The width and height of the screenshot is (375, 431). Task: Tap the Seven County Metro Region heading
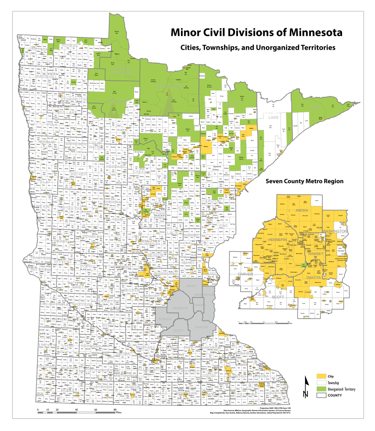click(305, 181)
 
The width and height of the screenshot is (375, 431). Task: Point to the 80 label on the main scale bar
click(115, 410)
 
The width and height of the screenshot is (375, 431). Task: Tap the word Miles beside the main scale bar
click(119, 412)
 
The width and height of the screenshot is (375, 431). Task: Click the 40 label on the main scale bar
click(76, 410)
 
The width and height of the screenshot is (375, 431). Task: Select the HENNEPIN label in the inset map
click(277, 239)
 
